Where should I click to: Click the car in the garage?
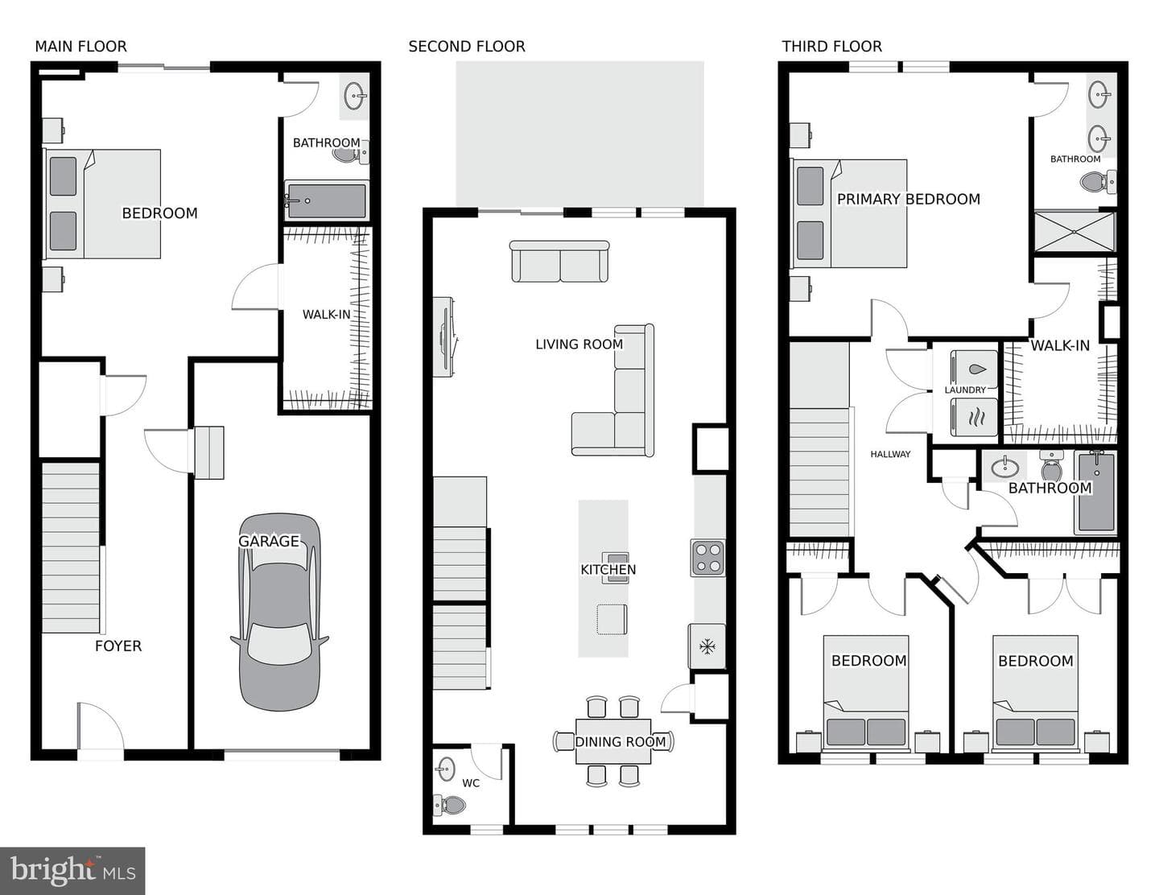point(279,612)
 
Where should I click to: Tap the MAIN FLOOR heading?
point(81,47)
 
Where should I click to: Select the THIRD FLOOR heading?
point(832,47)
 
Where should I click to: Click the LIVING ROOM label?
point(579,344)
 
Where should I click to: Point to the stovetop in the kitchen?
point(707,558)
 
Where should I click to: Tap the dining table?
point(613,741)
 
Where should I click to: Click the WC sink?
point(445,769)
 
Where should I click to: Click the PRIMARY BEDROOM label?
point(909,199)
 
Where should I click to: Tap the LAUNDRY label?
point(965,390)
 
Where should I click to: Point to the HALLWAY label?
point(890,455)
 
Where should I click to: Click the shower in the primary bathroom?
point(1074,232)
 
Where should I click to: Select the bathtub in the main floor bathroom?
point(327,200)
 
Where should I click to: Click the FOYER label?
point(118,646)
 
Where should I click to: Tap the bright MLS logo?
point(72,871)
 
